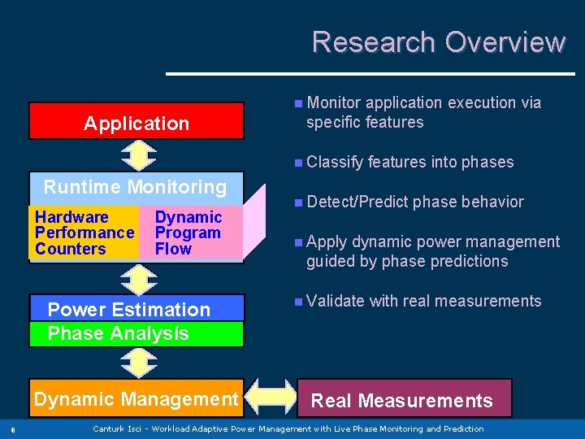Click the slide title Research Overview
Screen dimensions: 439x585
pos(438,41)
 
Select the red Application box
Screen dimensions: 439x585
pos(136,122)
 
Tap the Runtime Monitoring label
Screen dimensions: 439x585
pos(135,187)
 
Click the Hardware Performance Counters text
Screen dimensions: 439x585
pos(84,233)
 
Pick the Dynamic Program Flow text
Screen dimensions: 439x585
pos(188,233)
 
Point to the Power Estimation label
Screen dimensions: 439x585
pos(128,310)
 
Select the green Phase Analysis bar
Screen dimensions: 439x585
pos(136,333)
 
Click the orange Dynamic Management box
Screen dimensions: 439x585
pos(135,398)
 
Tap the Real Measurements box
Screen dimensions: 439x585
pos(404,399)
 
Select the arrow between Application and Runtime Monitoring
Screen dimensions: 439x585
pos(137,155)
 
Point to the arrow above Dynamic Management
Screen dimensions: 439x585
pos(137,363)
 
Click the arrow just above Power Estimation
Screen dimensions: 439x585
pos(137,278)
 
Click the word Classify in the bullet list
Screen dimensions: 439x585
pos(335,163)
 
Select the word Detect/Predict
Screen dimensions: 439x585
pos(357,202)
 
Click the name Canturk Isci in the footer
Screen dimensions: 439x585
pos(120,428)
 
